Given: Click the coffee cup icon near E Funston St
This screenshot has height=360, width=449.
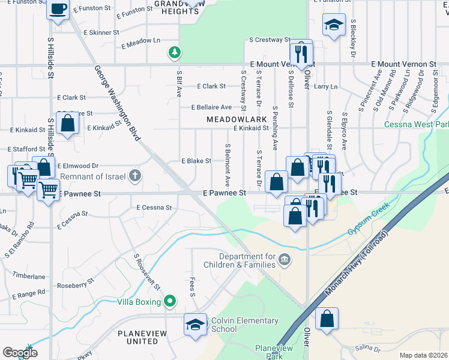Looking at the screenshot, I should point(58,10).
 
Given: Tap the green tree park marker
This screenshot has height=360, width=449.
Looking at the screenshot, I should point(175,53).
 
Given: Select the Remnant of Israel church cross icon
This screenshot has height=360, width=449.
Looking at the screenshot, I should point(136,176).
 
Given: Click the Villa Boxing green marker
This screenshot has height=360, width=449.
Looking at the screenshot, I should point(170,301).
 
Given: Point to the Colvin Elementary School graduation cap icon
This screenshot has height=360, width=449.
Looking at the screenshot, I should point(194,324).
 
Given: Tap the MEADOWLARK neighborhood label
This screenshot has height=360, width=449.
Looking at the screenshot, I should point(237,119).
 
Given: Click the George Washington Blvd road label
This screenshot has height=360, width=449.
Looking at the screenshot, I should point(117,103).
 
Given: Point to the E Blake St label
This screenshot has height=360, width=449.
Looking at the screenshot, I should point(196,161).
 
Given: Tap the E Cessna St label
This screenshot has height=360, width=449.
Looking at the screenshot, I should point(154,207).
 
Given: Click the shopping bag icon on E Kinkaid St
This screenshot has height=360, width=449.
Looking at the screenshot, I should point(68,124).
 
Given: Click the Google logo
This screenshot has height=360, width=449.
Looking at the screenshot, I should point(20,353).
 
